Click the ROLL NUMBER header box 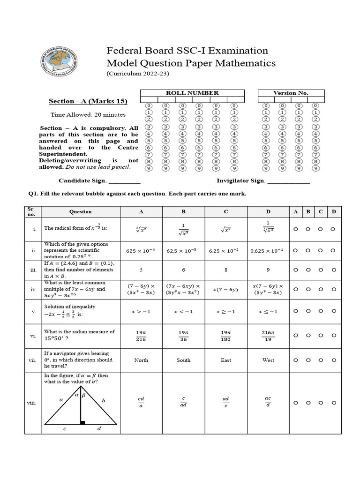click(x=192, y=93)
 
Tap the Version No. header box click(x=291, y=93)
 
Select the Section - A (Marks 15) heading click(x=88, y=101)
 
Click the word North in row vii click(x=141, y=360)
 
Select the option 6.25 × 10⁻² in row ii click(x=225, y=251)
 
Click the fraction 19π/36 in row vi click(x=183, y=335)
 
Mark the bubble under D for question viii click(x=333, y=403)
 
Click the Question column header click(x=81, y=212)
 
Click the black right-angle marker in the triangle click(x=82, y=423)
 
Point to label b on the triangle click(x=103, y=401)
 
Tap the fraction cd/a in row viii click(x=141, y=403)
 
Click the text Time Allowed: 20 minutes click(x=88, y=115)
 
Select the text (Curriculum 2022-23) click(x=137, y=74)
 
